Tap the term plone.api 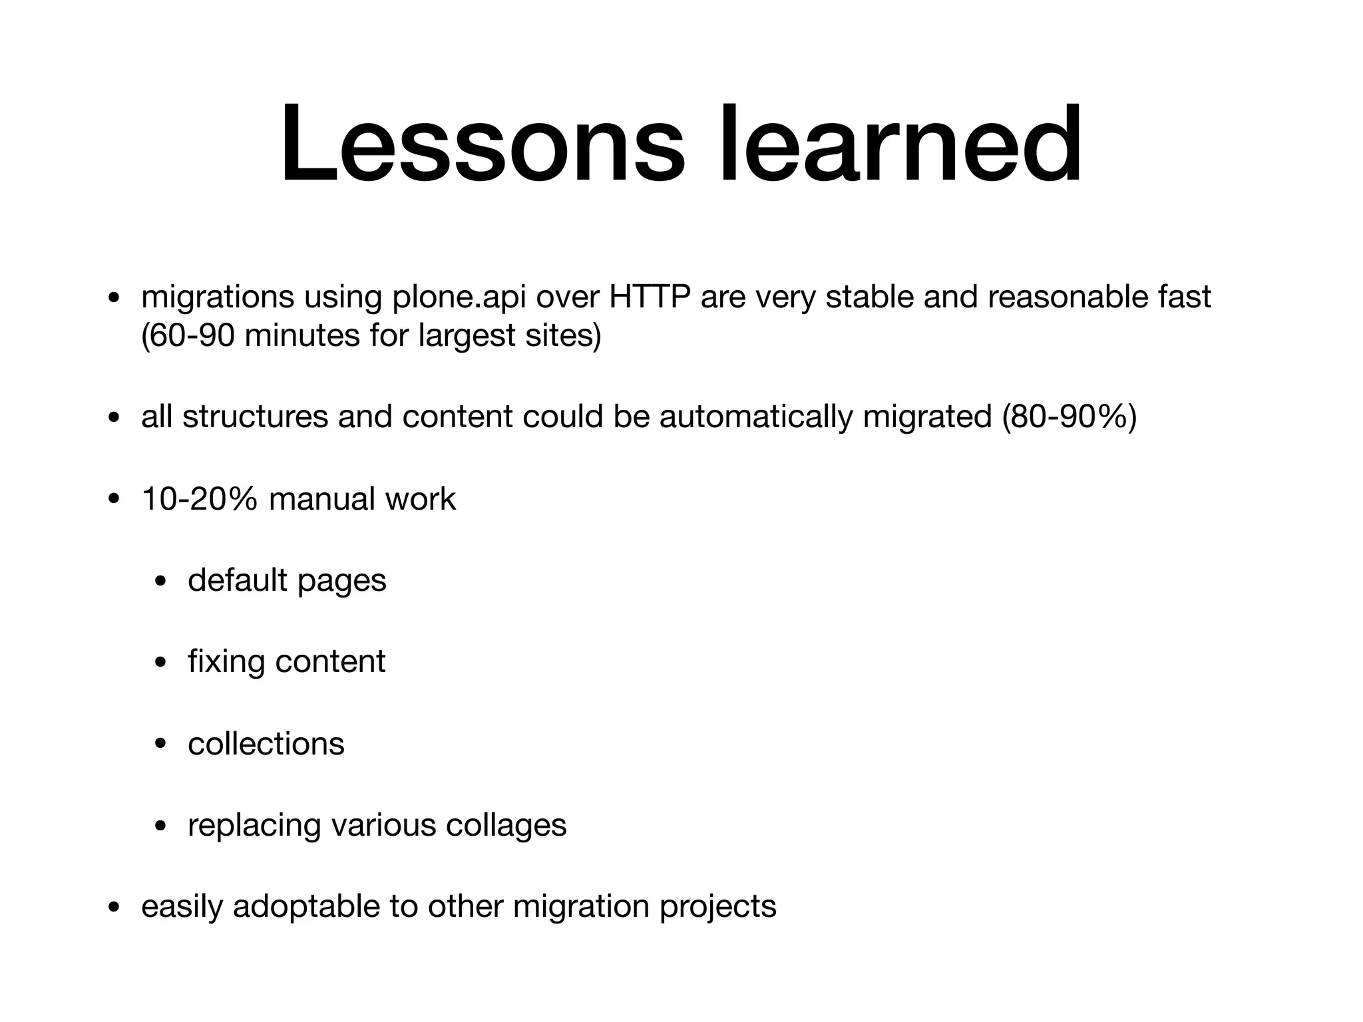(458, 297)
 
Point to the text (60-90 (188, 336)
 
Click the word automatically (755, 417)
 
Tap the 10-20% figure (199, 499)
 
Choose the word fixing (226, 662)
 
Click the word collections (266, 744)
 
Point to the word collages (506, 826)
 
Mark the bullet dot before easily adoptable (114, 909)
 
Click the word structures (255, 417)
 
